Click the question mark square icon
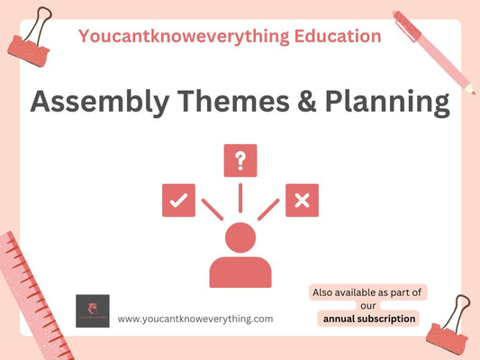click(x=240, y=160)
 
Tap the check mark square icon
click(x=178, y=200)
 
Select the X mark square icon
click(x=302, y=200)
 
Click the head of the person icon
click(x=240, y=238)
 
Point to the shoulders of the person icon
click(x=240, y=272)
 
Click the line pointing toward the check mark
click(x=212, y=209)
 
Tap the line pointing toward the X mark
click(x=268, y=209)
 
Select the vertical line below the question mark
click(x=240, y=196)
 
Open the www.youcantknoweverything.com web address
click(x=195, y=318)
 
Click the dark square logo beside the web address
click(x=93, y=310)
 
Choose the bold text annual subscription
click(x=369, y=318)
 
